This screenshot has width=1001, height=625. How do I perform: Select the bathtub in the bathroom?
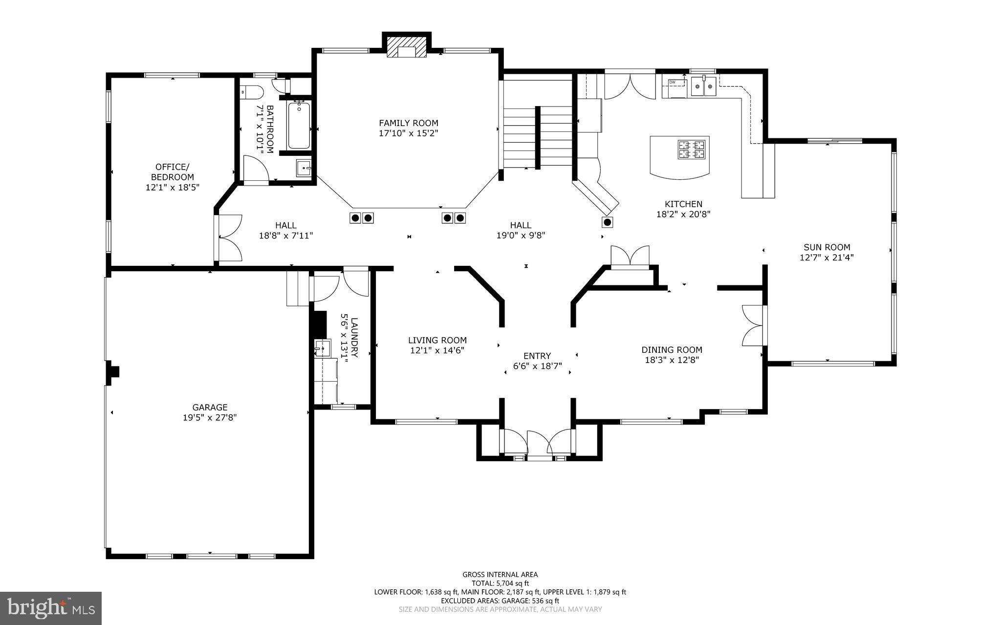coord(298,125)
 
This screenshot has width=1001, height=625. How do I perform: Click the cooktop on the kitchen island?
coord(691,150)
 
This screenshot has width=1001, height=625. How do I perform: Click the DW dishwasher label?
coord(672,82)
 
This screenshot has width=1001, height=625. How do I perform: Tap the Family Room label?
coord(409,123)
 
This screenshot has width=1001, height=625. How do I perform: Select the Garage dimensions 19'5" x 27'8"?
coord(210,417)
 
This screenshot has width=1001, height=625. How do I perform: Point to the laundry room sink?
coord(323,348)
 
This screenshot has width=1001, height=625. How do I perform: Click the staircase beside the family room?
coord(538,137)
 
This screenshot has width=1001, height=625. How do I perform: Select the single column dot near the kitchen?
coord(608,222)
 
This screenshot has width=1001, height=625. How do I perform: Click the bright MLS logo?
coord(51,607)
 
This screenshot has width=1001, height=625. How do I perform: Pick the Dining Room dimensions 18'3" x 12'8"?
coord(672,360)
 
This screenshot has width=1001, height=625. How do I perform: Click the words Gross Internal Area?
coord(500,575)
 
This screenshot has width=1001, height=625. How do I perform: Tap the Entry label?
coord(537,356)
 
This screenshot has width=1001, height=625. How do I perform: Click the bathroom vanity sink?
coord(304,168)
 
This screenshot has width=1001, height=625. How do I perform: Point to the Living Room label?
coord(437,340)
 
